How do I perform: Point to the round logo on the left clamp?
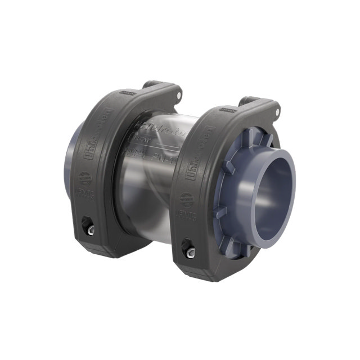(85, 179)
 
